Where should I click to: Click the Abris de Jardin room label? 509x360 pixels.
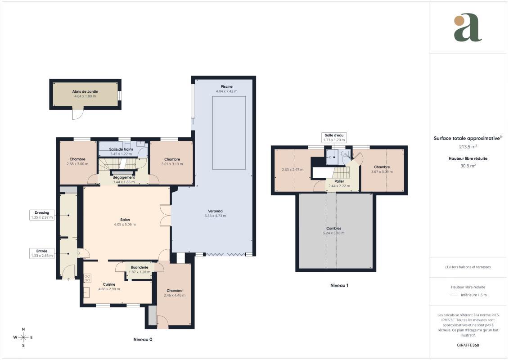[85, 91]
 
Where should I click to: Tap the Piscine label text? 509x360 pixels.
[226, 86]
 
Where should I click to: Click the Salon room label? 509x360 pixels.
[125, 220]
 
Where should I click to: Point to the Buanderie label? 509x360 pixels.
[139, 267]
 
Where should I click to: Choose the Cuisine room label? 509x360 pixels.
[109, 284]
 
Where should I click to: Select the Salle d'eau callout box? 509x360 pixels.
[333, 137]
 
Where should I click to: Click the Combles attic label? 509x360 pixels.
[333, 228]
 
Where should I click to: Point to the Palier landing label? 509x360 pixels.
[339, 181]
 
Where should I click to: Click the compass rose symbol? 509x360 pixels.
[23, 337]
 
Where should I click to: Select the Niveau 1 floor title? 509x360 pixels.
[339, 285]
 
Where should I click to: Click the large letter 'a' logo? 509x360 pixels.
[468, 27]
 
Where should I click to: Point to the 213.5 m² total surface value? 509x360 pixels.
[468, 146]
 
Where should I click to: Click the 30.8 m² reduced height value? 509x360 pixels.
[468, 166]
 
